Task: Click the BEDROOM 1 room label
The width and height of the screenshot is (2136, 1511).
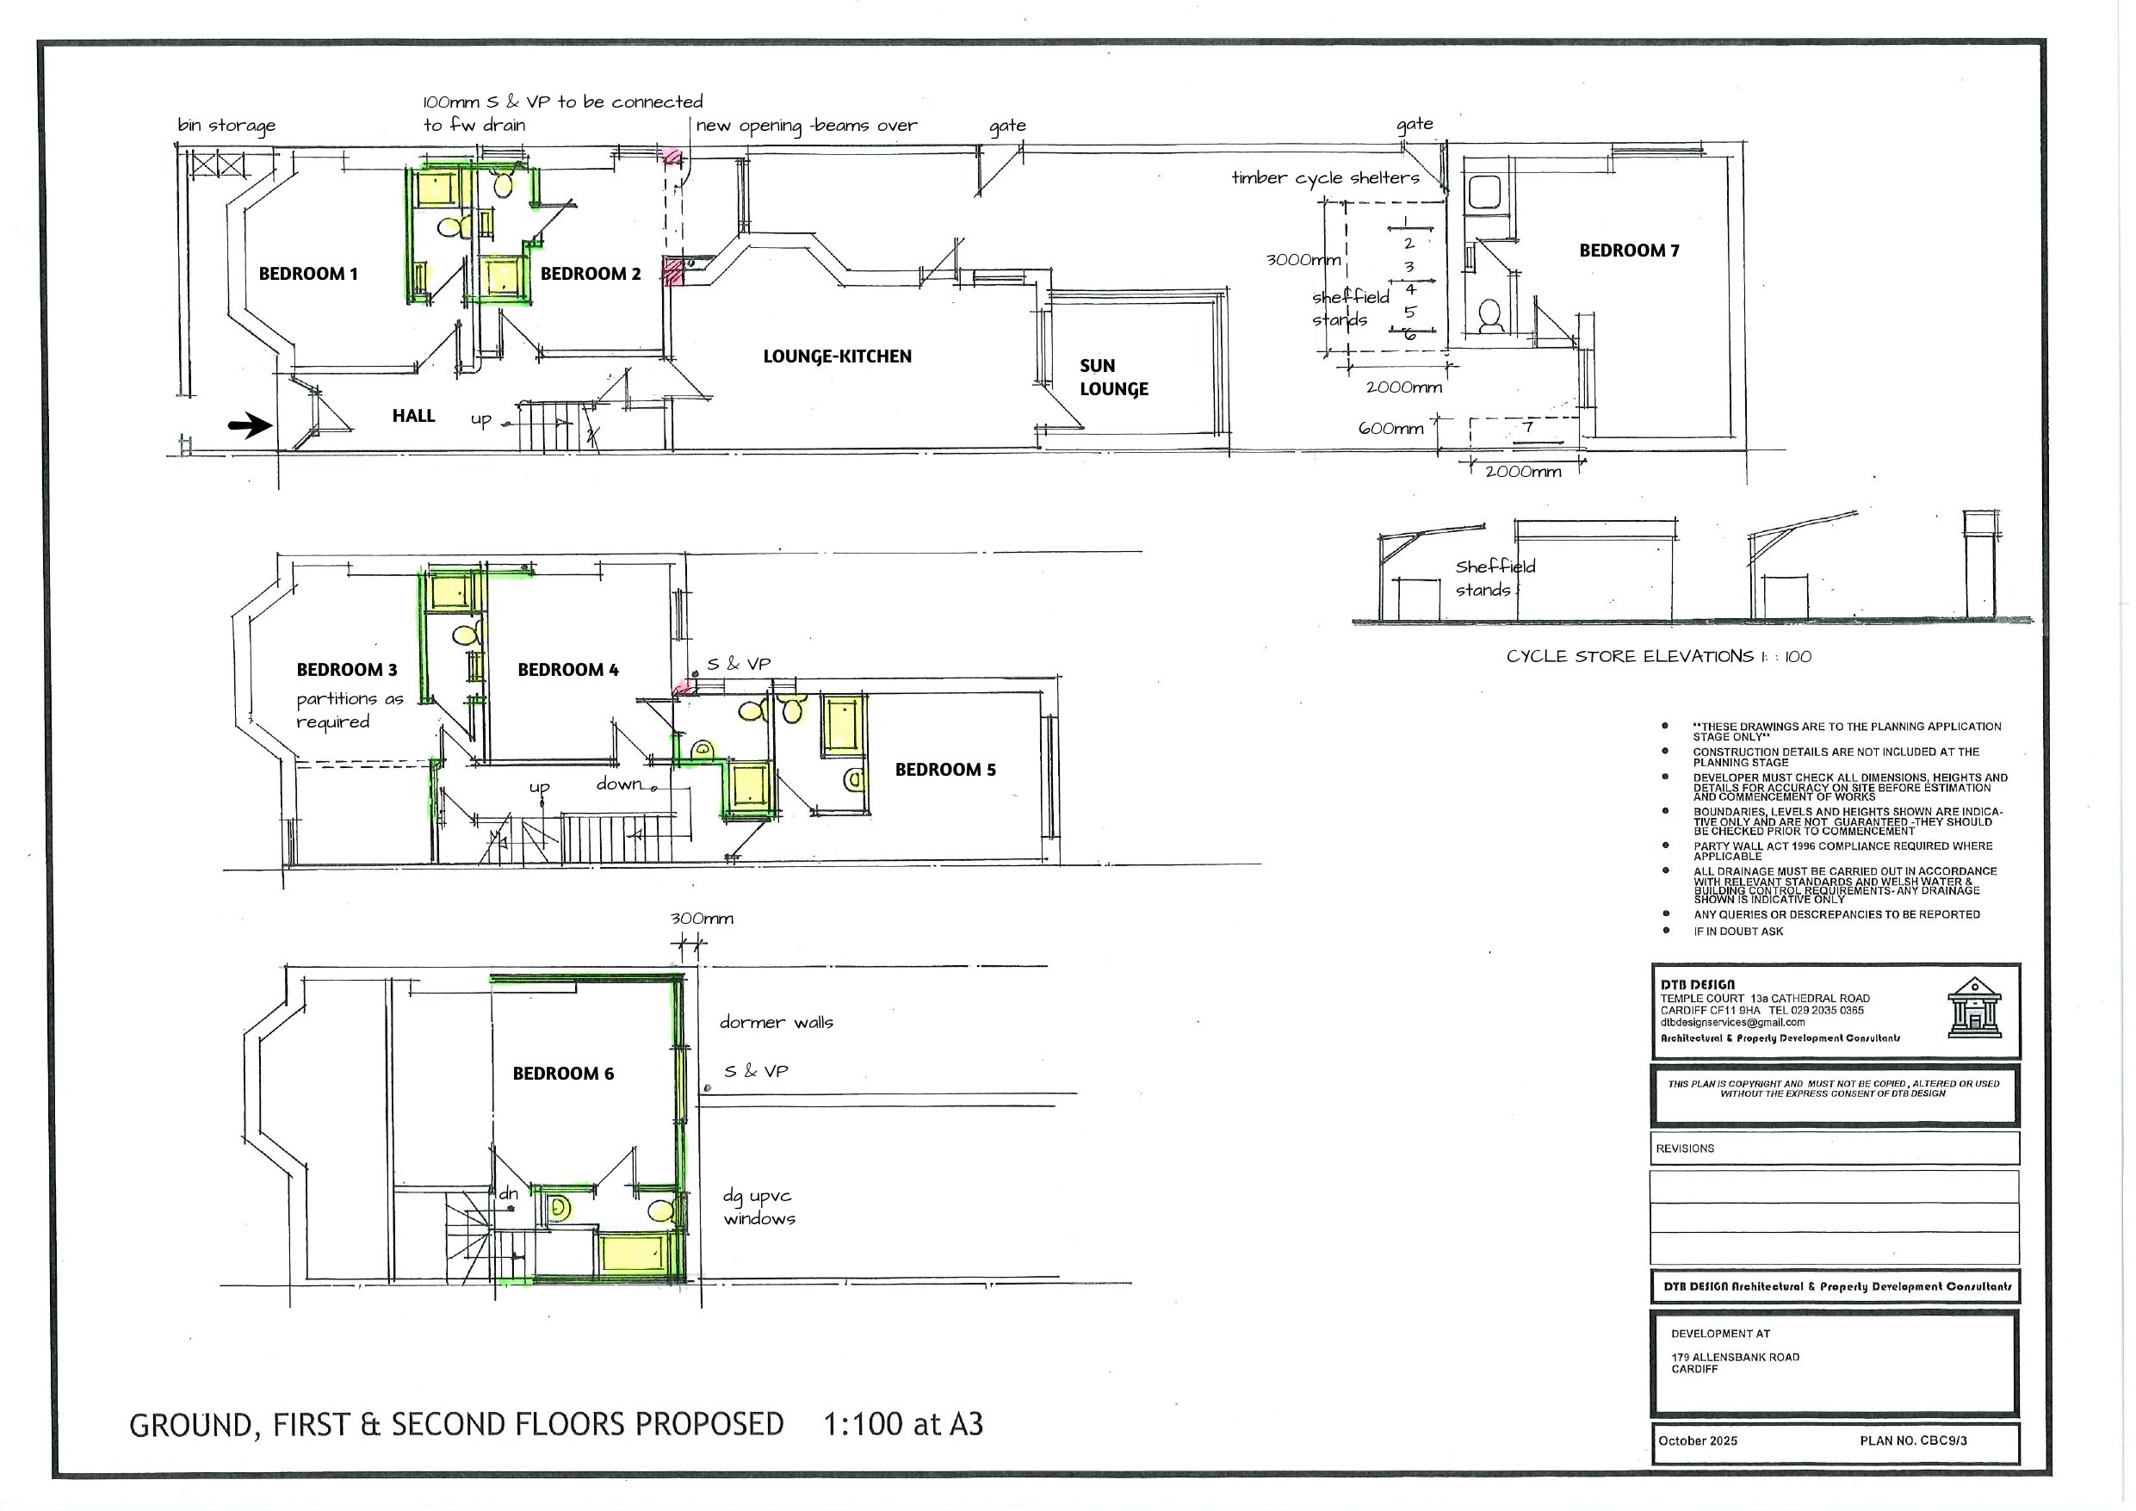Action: pos(308,274)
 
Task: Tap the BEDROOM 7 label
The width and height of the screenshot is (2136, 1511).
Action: pos(1629,251)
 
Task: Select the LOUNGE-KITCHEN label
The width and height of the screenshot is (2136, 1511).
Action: pos(838,356)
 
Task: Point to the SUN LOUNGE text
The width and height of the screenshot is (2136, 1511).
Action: pos(1113,378)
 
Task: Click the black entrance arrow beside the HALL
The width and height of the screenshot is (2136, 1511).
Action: pos(250,426)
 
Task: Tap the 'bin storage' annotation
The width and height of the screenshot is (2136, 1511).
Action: pos(226,126)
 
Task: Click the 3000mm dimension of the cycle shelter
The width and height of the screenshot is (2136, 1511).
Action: pos(1303,260)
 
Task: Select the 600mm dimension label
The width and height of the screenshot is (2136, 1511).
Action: pos(1390,429)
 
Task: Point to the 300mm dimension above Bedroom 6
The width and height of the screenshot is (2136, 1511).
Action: pos(702,920)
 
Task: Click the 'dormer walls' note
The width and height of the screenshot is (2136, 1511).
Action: pos(776,1023)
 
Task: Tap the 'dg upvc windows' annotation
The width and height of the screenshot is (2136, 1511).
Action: pos(759,1208)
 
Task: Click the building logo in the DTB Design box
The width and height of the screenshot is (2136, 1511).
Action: pos(1974,1007)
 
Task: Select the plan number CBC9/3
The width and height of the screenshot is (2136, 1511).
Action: pos(1913,1441)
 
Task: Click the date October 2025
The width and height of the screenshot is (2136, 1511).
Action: pos(1697,1441)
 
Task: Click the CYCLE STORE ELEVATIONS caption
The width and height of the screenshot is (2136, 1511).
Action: pos(1658,657)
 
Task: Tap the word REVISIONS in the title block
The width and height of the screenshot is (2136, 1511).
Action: pos(1684,1149)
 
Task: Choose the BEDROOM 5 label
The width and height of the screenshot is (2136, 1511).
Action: pos(945,771)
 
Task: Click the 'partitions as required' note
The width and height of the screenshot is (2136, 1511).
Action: pos(349,711)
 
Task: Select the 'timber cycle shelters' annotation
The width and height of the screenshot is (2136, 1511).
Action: pos(1325,177)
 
